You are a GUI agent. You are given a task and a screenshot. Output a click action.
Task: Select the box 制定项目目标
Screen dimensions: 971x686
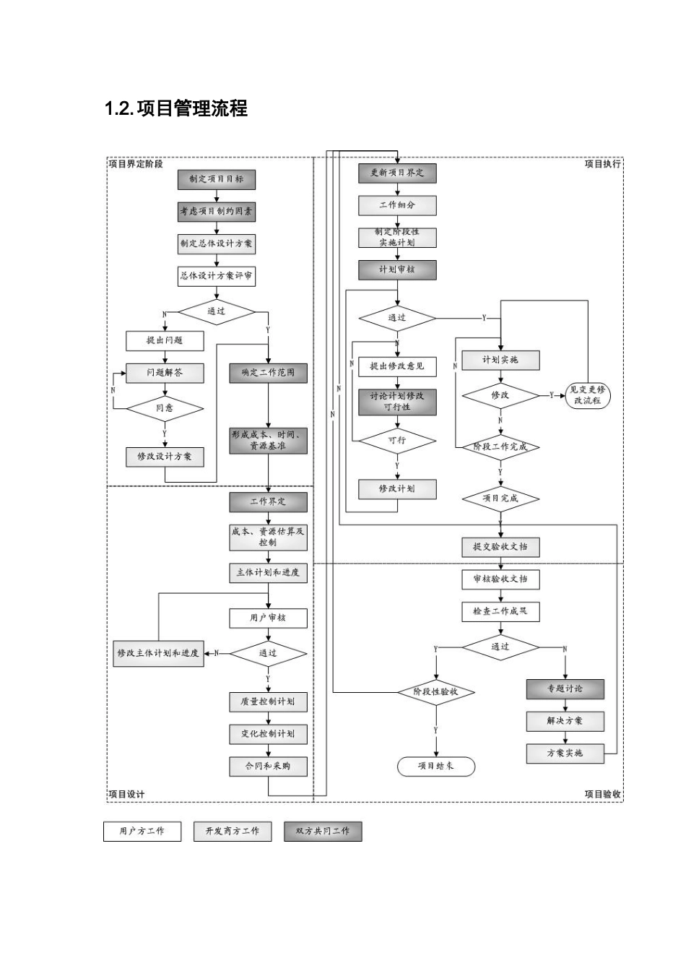(216, 179)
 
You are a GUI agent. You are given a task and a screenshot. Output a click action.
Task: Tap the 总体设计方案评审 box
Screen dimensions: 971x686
(216, 276)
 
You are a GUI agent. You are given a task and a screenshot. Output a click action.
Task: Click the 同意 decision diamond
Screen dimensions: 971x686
(165, 408)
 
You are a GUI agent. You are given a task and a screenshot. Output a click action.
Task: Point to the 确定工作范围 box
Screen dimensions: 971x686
(268, 373)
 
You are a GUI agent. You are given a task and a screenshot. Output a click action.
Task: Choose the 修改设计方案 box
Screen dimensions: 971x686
(165, 457)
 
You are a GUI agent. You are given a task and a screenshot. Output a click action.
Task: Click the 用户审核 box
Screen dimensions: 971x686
(268, 618)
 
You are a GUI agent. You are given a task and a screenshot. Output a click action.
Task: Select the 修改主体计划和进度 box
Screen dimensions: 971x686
(158, 653)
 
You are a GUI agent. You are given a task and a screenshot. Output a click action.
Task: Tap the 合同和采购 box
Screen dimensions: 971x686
(268, 766)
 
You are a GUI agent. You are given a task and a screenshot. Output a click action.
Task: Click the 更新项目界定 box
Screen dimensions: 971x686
(397, 173)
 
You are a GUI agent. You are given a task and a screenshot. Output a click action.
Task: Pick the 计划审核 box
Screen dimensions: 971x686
(397, 269)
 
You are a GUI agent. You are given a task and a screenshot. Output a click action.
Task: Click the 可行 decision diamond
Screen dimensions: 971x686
(397, 440)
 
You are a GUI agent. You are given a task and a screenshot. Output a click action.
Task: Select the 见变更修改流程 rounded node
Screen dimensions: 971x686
(587, 395)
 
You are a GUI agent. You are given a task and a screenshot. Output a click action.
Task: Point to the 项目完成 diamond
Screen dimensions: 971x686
(500, 499)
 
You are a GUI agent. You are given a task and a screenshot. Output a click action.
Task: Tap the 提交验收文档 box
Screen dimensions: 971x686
(500, 547)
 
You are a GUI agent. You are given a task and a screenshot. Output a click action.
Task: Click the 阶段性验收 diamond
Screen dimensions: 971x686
(435, 692)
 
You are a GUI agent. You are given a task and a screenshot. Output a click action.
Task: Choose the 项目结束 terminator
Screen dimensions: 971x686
(435, 766)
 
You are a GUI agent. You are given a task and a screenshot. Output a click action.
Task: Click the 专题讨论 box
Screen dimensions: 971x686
(565, 689)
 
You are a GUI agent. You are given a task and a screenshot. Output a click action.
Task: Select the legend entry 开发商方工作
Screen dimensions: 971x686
(232, 832)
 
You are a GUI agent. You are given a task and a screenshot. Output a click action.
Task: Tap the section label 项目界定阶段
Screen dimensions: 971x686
(136, 164)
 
